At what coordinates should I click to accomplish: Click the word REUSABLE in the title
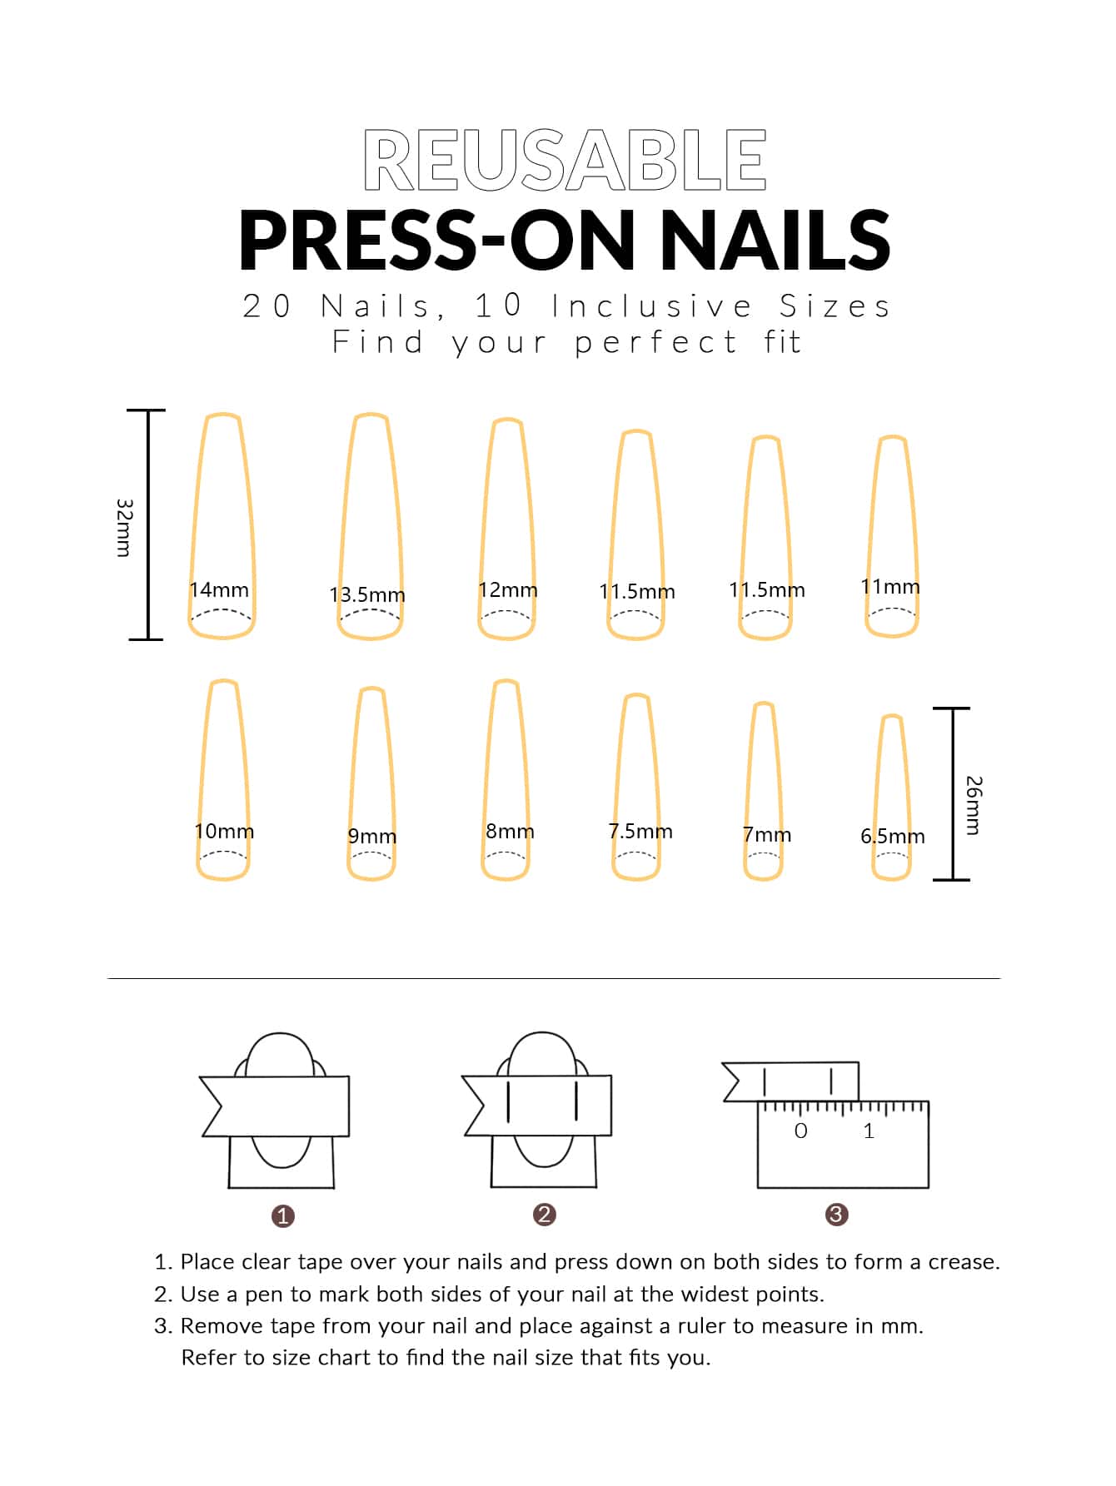(565, 160)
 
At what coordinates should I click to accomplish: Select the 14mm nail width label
(219, 589)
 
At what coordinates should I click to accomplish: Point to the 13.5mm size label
(367, 594)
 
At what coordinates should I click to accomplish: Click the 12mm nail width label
(508, 589)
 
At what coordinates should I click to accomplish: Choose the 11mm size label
(890, 586)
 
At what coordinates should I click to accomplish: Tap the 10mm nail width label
(224, 831)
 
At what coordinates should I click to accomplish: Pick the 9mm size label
(372, 836)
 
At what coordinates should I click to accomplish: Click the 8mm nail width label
(510, 831)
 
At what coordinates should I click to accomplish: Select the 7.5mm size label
(640, 831)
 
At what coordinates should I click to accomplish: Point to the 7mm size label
(767, 834)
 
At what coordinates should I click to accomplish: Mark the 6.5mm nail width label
(893, 836)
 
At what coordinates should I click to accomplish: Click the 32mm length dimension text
(124, 528)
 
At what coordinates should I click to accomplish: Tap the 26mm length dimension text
(974, 805)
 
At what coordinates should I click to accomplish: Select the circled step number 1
(283, 1216)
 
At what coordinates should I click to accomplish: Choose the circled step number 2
(545, 1215)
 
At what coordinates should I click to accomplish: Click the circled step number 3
(836, 1215)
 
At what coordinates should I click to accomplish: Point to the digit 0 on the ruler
(801, 1131)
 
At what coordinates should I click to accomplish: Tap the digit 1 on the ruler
(869, 1131)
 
